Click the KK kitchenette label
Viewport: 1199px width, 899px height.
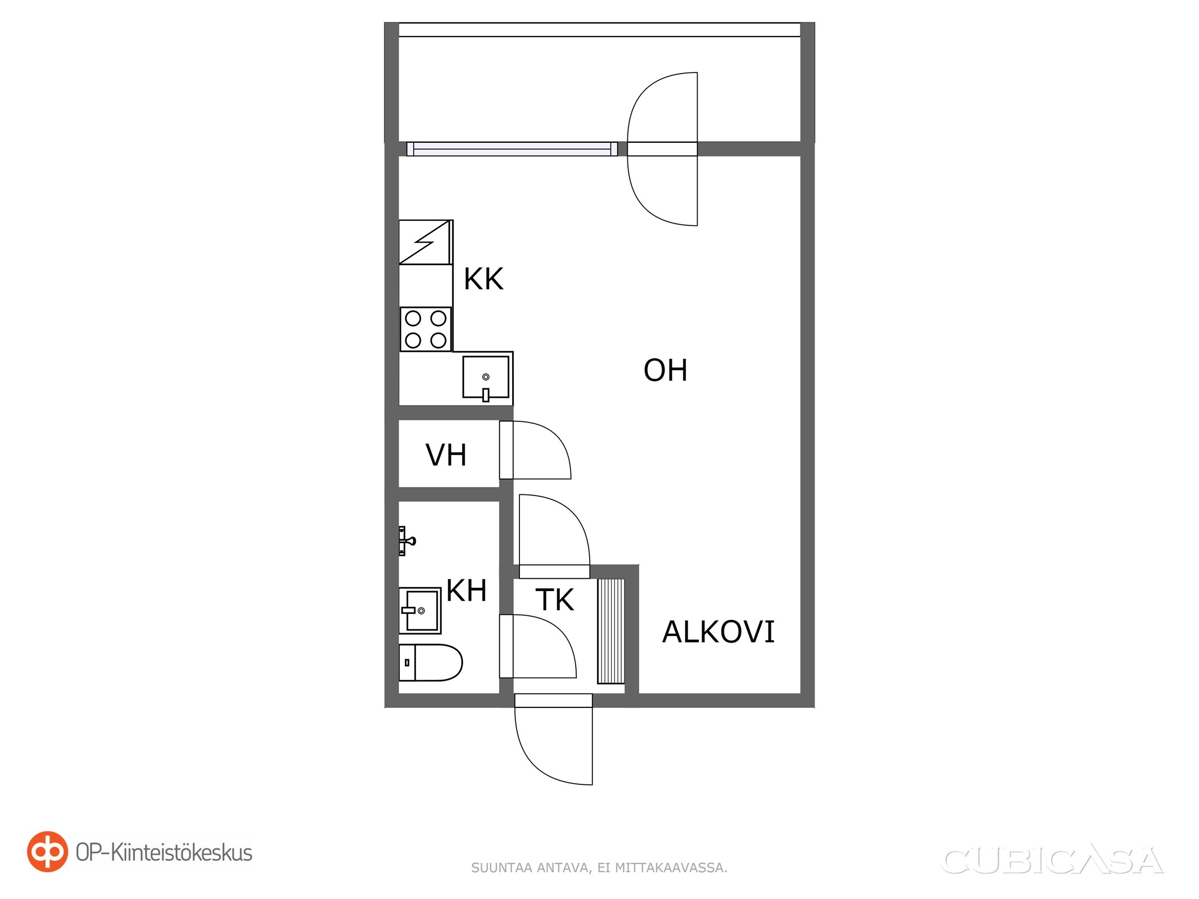(x=483, y=279)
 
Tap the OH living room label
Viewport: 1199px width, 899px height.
(x=666, y=370)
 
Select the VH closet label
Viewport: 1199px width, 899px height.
(x=446, y=455)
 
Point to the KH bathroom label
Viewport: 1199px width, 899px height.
(x=467, y=591)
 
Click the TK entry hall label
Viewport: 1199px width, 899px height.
(x=555, y=600)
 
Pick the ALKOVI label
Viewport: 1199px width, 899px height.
(x=718, y=632)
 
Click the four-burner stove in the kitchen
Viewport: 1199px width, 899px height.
(x=426, y=329)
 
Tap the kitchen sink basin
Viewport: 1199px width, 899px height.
(x=486, y=377)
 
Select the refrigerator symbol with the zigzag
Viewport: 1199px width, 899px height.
(x=426, y=242)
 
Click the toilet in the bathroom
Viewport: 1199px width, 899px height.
(x=431, y=663)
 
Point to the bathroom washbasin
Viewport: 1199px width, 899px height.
(x=420, y=611)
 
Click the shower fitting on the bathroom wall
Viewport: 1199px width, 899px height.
(x=406, y=541)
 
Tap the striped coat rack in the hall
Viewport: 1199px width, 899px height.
(x=610, y=631)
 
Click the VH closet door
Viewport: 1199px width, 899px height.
(x=535, y=450)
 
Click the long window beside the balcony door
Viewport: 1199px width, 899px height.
(x=512, y=149)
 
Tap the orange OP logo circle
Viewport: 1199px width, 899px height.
(x=48, y=852)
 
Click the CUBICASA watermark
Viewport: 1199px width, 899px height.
(x=1052, y=861)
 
